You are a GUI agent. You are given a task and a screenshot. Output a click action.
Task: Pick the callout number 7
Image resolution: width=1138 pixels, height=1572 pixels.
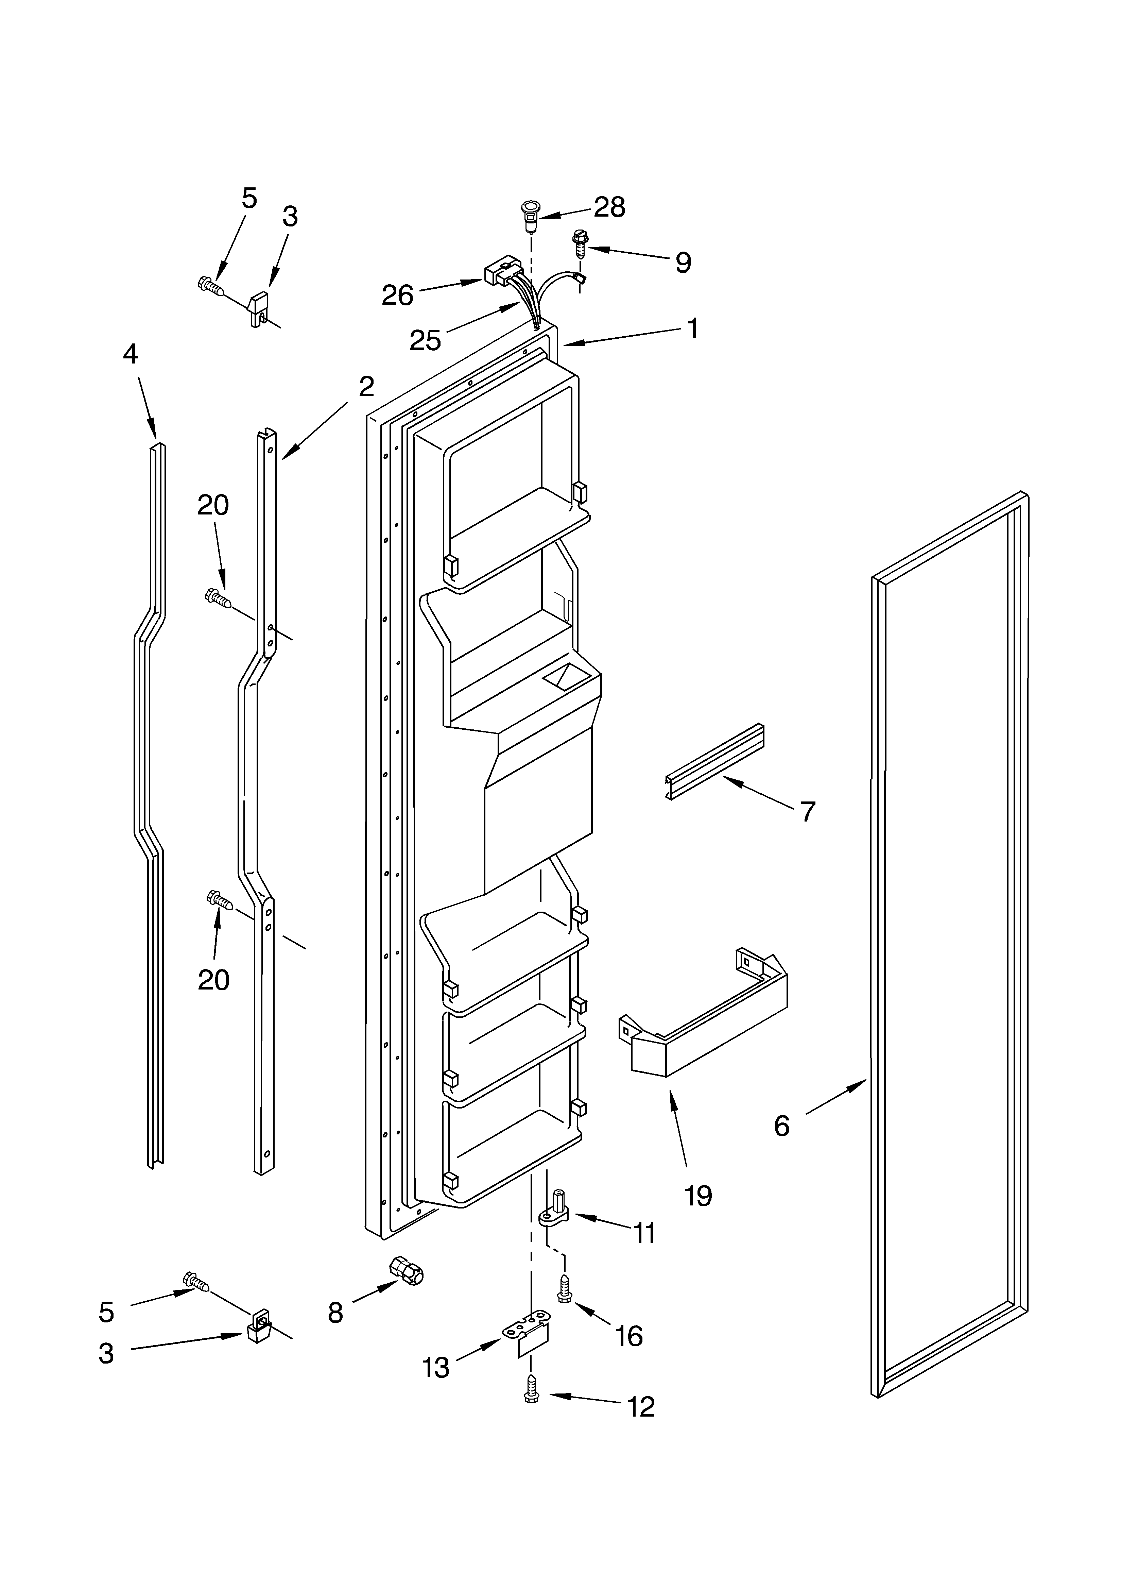[x=807, y=812]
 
